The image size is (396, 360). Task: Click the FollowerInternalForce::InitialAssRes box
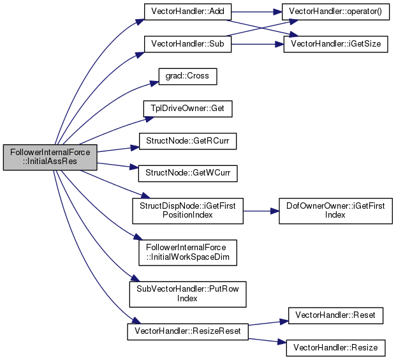[50, 157]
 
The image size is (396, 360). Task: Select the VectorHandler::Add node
[187, 11]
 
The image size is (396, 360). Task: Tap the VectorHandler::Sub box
[187, 44]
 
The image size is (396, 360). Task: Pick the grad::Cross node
[187, 77]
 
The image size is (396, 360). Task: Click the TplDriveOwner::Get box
[187, 109]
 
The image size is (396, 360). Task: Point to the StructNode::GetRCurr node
[187, 141]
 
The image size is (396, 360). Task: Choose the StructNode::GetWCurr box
[187, 174]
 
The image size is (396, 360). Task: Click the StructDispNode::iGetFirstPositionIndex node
[187, 211]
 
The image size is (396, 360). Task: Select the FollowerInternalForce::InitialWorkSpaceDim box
[187, 253]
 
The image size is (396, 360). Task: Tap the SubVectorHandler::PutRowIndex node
[187, 294]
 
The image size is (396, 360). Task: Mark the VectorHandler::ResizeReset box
[187, 332]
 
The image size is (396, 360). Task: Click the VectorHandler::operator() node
[335, 11]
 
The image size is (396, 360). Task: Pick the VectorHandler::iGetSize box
[335, 44]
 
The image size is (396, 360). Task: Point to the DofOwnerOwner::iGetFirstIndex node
[335, 211]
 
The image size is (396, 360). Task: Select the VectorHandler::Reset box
[335, 315]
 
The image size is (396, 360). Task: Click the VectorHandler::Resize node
[335, 348]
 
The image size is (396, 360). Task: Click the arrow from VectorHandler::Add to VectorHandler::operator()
[256, 12]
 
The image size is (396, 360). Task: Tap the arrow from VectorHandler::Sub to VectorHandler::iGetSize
[258, 45]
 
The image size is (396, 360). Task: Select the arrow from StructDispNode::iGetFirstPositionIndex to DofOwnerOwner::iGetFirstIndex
[261, 211]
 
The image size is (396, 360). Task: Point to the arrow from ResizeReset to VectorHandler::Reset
[268, 323]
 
